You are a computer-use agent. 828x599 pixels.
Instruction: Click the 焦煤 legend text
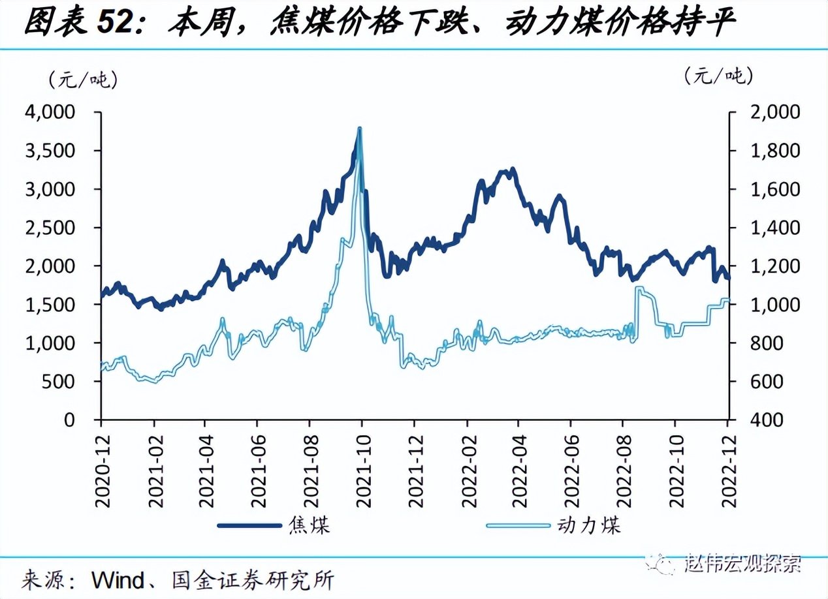tap(309, 525)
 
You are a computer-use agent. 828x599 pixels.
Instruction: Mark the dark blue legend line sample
tap(249, 525)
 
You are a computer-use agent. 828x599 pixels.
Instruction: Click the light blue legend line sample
tap(519, 525)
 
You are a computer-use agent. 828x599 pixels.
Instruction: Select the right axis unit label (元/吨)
tap(718, 76)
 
